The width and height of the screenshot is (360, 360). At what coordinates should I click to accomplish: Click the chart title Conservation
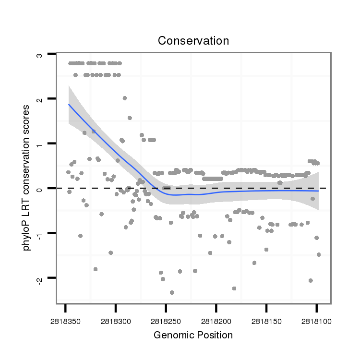193,41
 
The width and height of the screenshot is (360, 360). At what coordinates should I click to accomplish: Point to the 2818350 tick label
65,319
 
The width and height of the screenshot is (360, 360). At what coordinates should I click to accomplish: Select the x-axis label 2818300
116,319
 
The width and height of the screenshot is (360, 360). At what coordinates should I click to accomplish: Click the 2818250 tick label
166,319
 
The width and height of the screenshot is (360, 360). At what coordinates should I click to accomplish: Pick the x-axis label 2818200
216,319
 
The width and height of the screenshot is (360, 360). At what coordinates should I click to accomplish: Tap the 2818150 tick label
266,319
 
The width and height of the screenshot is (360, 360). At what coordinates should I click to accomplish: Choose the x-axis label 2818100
316,319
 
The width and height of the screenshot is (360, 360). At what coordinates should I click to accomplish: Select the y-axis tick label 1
40,144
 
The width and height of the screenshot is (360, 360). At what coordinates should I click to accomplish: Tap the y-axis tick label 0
40,188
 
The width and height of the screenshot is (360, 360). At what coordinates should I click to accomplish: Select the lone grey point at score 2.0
125,98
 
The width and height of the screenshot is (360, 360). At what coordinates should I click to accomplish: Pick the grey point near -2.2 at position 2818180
234,288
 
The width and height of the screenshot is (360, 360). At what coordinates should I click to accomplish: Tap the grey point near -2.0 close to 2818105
311,280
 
